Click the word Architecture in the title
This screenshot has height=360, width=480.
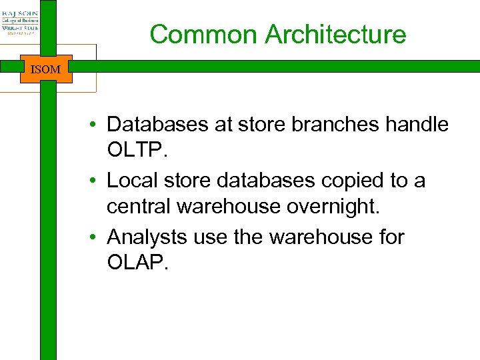335,34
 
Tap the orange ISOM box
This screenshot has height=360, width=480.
46,69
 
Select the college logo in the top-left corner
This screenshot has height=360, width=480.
20,21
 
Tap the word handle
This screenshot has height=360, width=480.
417,124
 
